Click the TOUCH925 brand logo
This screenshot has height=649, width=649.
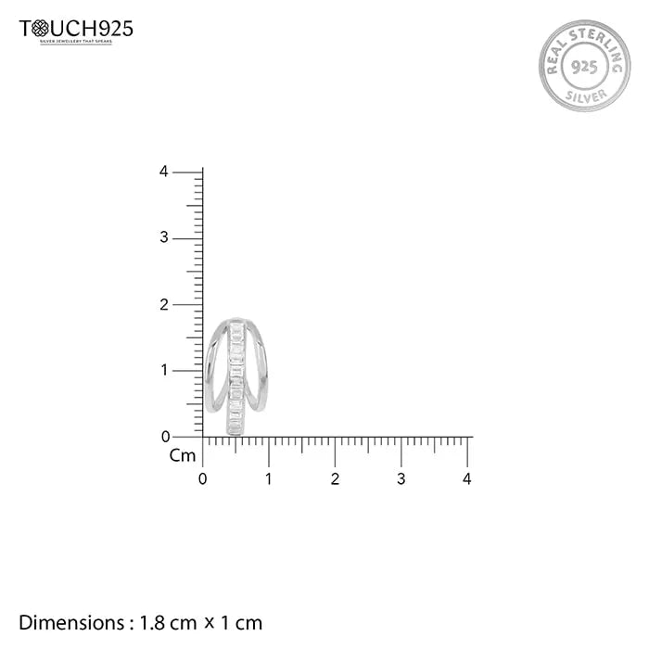[x=76, y=31]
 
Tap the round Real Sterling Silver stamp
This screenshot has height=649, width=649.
[x=583, y=66]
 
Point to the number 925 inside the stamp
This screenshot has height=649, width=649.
[x=583, y=67]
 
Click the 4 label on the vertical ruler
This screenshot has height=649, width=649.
[x=164, y=172]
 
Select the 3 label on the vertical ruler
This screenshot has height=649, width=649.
[x=164, y=238]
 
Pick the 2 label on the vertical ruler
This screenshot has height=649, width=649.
[x=164, y=304]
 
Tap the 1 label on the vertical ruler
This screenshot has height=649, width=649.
[x=164, y=371]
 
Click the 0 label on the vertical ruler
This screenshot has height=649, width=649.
[x=164, y=437]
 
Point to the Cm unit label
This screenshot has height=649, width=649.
[x=183, y=455]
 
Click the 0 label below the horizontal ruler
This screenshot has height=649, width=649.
[x=203, y=479]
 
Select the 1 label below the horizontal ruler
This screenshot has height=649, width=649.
[x=269, y=479]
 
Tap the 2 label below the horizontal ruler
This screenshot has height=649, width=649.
[x=335, y=479]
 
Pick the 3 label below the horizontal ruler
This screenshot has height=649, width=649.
[x=401, y=479]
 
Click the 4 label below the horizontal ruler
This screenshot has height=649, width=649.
[x=467, y=479]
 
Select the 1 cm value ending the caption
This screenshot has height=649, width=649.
[x=240, y=622]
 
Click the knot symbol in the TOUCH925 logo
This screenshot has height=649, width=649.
[x=40, y=29]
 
